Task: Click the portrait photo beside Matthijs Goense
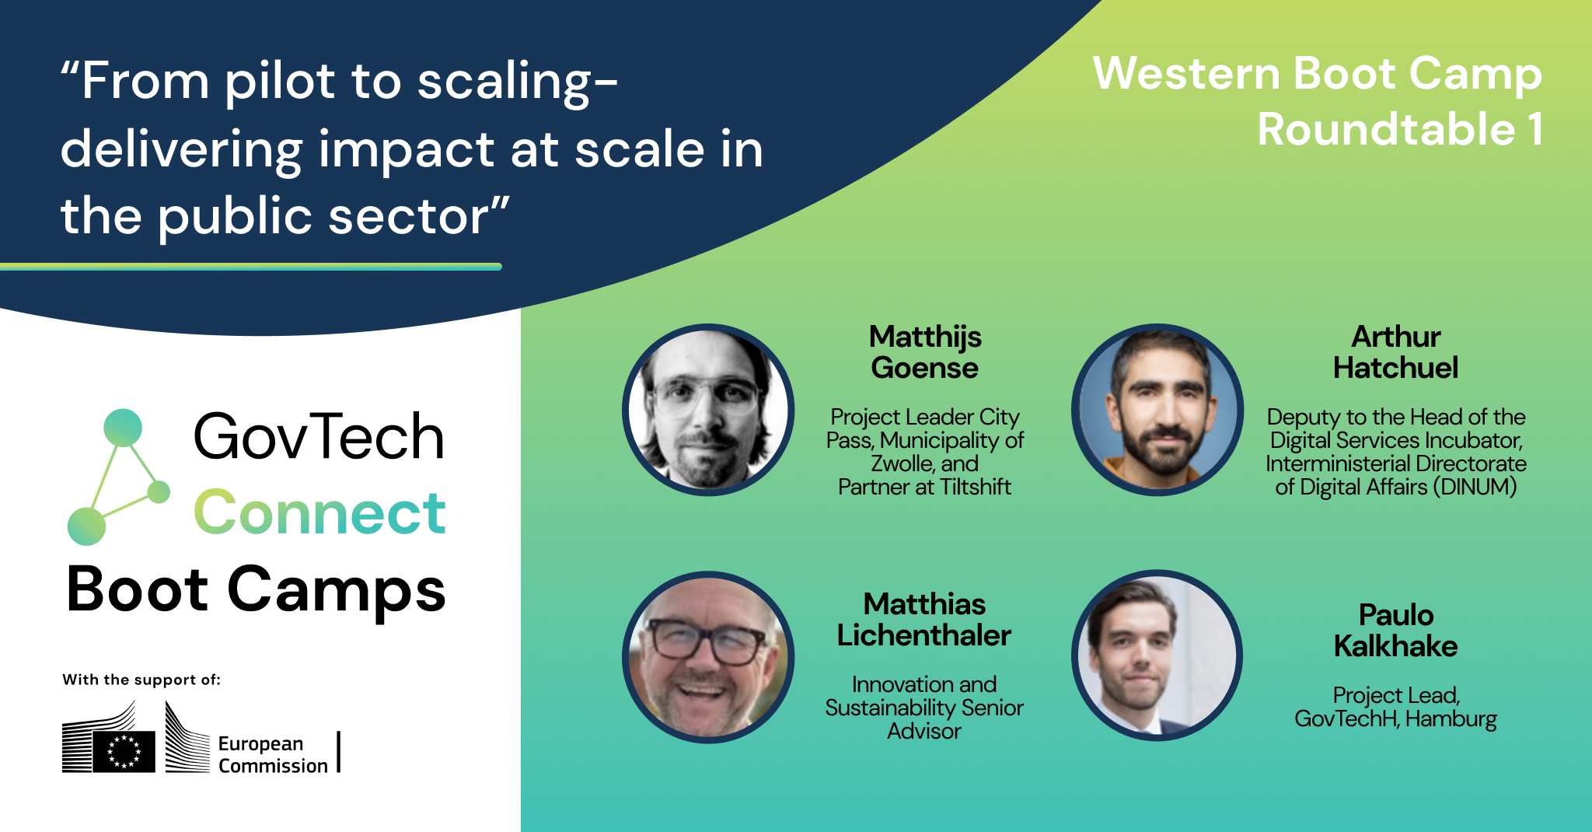click(707, 410)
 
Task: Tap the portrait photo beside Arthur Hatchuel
click(1157, 410)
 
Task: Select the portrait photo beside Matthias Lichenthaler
click(707, 657)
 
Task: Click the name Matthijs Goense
click(924, 352)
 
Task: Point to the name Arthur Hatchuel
click(1395, 352)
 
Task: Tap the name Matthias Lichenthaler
click(924, 620)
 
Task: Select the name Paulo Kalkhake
click(1395, 631)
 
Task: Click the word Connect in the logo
click(319, 512)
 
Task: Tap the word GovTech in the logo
click(319, 437)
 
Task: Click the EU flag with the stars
click(124, 751)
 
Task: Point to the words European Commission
click(272, 754)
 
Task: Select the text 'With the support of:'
click(141, 680)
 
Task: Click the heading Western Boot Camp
click(1317, 74)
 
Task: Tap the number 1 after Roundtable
click(1534, 129)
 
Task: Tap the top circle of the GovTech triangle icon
click(123, 428)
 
